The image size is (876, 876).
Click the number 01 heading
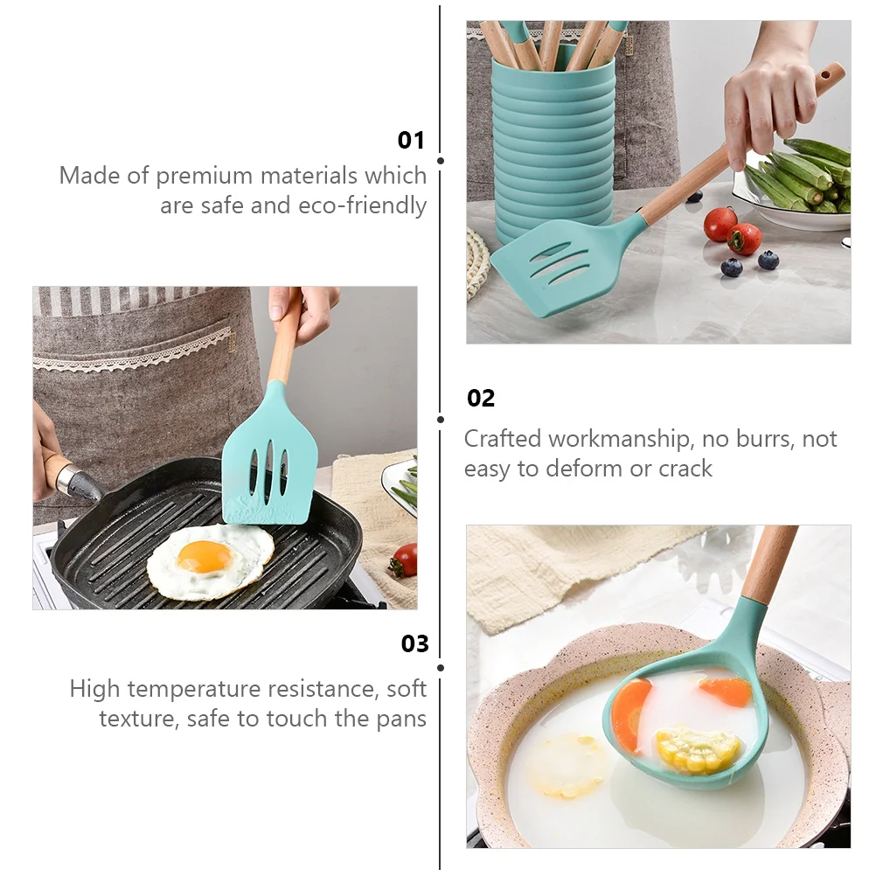pyautogui.click(x=411, y=140)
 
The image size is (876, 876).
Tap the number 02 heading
pyautogui.click(x=481, y=399)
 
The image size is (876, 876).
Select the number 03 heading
pyautogui.click(x=415, y=644)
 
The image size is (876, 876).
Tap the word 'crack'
pyautogui.click(x=685, y=469)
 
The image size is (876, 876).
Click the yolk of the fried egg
pyautogui.click(x=204, y=556)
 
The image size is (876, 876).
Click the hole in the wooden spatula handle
pyautogui.click(x=826, y=79)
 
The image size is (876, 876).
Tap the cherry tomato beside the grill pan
pyautogui.click(x=406, y=560)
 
